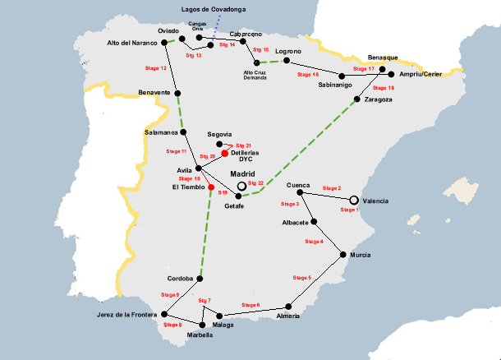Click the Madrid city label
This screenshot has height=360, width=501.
pyautogui.click(x=244, y=174)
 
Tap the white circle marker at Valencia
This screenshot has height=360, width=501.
pyautogui.click(x=354, y=200)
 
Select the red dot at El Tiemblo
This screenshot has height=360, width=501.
pyautogui.click(x=211, y=187)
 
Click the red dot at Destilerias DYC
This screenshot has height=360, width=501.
pyautogui.click(x=224, y=152)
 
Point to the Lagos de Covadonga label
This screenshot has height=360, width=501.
pyautogui.click(x=213, y=9)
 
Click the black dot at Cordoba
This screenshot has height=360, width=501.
pyautogui.click(x=199, y=278)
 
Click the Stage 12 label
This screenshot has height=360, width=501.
pyautogui.click(x=156, y=67)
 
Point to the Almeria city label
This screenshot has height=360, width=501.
pyautogui.click(x=288, y=316)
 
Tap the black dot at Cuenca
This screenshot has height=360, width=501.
pyautogui.click(x=301, y=193)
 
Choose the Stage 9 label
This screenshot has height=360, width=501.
pyautogui.click(x=170, y=294)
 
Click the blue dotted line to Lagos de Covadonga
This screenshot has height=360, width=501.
pyautogui.click(x=215, y=27)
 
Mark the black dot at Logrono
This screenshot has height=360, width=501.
pyautogui.click(x=286, y=60)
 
